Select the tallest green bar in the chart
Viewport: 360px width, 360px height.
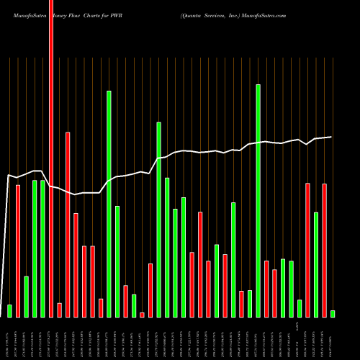pyautogui.click(x=258, y=200)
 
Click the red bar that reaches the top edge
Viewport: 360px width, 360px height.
pyautogui.click(x=51, y=158)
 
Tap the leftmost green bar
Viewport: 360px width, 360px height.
pyautogui.click(x=9, y=310)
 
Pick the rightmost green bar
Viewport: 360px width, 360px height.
pyautogui.click(x=333, y=313)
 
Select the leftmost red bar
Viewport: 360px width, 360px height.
pyautogui.click(x=18, y=251)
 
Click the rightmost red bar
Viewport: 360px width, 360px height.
pyautogui.click(x=324, y=250)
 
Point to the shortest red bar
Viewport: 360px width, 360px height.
pyautogui.click(x=142, y=315)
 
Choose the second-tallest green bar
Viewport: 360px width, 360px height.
pyautogui.click(x=109, y=204)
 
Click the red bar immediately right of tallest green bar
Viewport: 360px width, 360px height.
pyautogui.click(x=266, y=288)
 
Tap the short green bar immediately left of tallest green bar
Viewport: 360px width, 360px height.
pyautogui.click(x=250, y=303)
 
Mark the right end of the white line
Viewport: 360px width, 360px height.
pyautogui.click(x=331, y=137)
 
